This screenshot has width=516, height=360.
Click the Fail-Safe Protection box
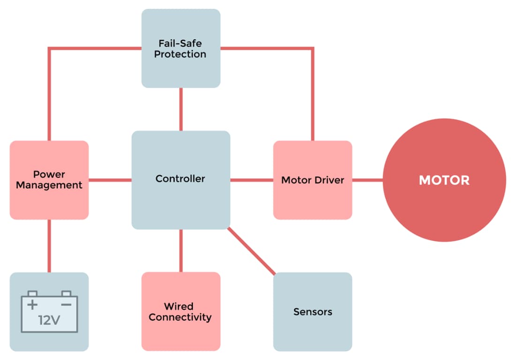pos(181,48)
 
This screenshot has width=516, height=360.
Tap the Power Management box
pos(49,180)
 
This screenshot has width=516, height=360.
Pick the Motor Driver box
pos(312,180)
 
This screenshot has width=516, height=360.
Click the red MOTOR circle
pos(444,180)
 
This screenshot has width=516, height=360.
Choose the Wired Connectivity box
pos(181,311)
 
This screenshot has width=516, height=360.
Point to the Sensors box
pos(312,311)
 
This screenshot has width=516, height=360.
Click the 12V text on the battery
pos(49,321)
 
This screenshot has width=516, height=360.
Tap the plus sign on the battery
pos(32,305)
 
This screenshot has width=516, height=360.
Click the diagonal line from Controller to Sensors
pos(251,250)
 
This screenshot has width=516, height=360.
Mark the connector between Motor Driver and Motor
pos(367,180)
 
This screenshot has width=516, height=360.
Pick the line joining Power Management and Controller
pos(110,180)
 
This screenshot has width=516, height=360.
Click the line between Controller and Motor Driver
pos(251,180)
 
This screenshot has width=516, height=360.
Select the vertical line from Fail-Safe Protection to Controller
pos(181,109)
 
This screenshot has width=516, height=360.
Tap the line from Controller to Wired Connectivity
pos(181,250)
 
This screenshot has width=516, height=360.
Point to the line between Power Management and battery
pos(49,246)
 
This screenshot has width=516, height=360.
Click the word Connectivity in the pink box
pos(180,317)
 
